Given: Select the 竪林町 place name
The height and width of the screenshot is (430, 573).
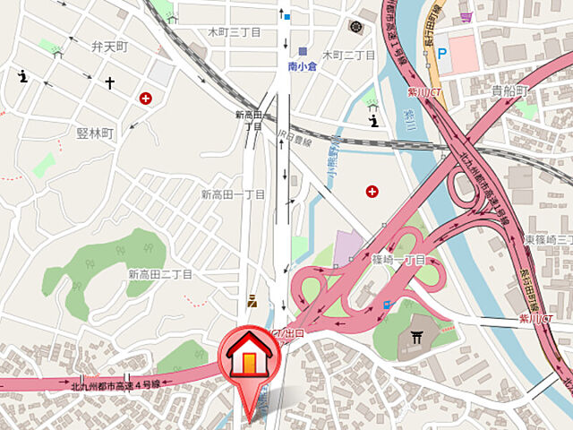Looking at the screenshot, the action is tap(96, 133).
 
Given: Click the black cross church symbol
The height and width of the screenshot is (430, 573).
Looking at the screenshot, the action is tap(110, 83).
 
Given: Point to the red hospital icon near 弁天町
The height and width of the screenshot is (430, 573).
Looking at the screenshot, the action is tap(145, 98).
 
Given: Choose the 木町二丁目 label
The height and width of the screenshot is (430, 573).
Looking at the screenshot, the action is tap(348, 55).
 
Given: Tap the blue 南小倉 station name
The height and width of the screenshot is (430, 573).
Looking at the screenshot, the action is tap(303, 66).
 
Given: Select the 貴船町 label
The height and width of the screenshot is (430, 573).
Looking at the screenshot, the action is tap(510, 91).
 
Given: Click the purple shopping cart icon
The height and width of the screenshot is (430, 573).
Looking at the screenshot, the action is tap(466, 17).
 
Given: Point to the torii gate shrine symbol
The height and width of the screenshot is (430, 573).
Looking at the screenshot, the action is tap(415, 338).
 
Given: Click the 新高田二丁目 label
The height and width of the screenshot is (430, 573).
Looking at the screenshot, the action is tap(160, 274).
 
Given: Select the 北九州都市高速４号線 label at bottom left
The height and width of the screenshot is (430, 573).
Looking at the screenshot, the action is tap(116, 383).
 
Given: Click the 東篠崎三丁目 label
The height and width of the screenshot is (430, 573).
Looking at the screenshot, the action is tap(547, 240).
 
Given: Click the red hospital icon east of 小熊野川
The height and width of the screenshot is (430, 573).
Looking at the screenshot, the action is tap(372, 191).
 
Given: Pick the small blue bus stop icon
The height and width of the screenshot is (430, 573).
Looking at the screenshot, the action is tap(387, 305).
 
